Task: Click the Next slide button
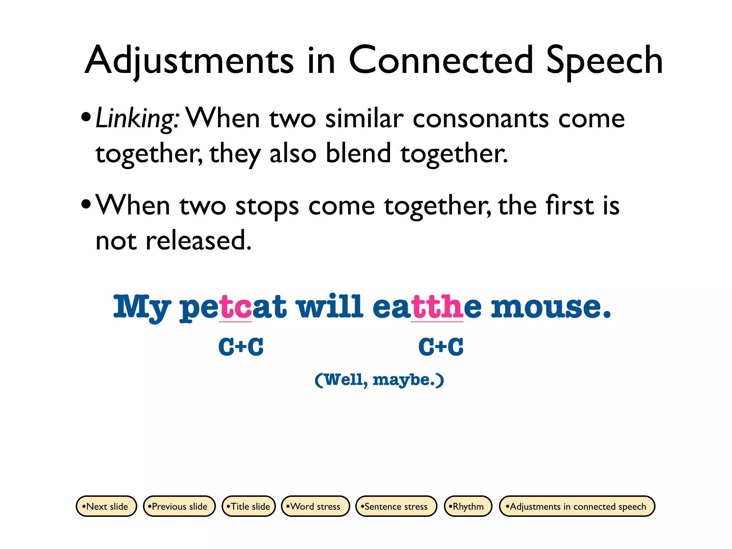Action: [x=107, y=506]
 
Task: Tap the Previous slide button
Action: [x=179, y=506]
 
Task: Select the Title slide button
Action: [x=249, y=506]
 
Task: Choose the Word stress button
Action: [x=315, y=506]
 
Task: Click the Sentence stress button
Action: [x=396, y=506]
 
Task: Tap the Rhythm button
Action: [x=468, y=506]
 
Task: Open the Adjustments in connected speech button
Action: [x=577, y=506]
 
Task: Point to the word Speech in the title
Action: [x=604, y=61]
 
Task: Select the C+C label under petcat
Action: [x=241, y=347]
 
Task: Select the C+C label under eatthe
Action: [x=441, y=347]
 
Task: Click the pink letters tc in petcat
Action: [x=236, y=307]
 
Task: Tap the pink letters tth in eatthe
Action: [x=437, y=307]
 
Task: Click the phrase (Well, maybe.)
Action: [x=379, y=380]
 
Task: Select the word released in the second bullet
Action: [x=198, y=240]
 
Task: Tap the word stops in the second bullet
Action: [x=267, y=207]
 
